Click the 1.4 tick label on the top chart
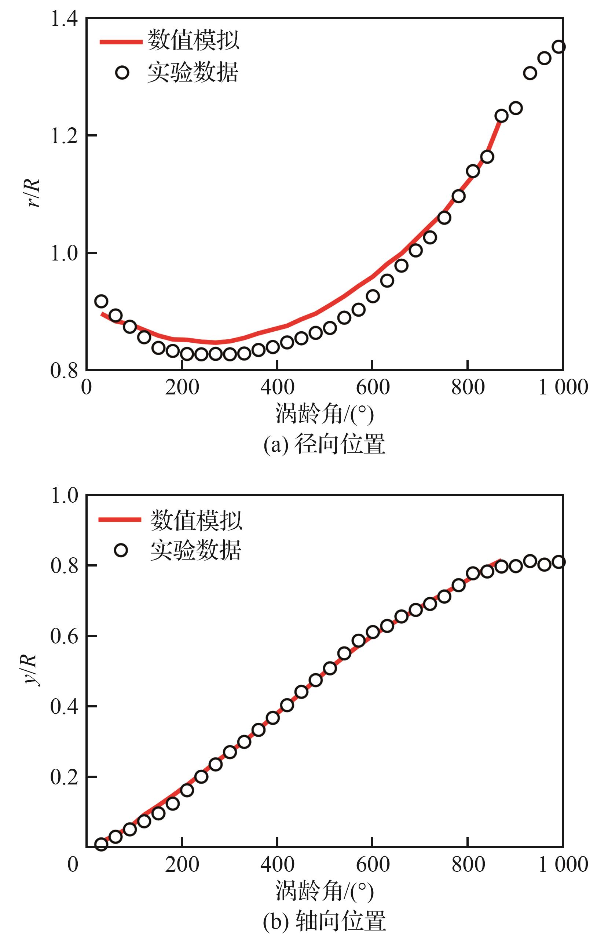tap(64, 19)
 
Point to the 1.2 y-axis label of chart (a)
tap(64, 135)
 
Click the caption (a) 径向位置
tap(324, 444)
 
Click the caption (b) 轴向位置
tap(324, 921)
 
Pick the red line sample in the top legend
tap(120, 41)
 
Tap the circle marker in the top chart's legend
tap(122, 73)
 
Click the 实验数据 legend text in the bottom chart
tap(195, 550)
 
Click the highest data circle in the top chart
tap(558, 47)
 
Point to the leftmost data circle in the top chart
tap(102, 301)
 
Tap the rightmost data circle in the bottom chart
tap(558, 562)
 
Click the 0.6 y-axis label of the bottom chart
tap(64, 636)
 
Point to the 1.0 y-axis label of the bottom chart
tap(64, 495)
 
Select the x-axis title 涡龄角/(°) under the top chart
tap(324, 414)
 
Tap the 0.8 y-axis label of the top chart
tap(64, 371)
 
